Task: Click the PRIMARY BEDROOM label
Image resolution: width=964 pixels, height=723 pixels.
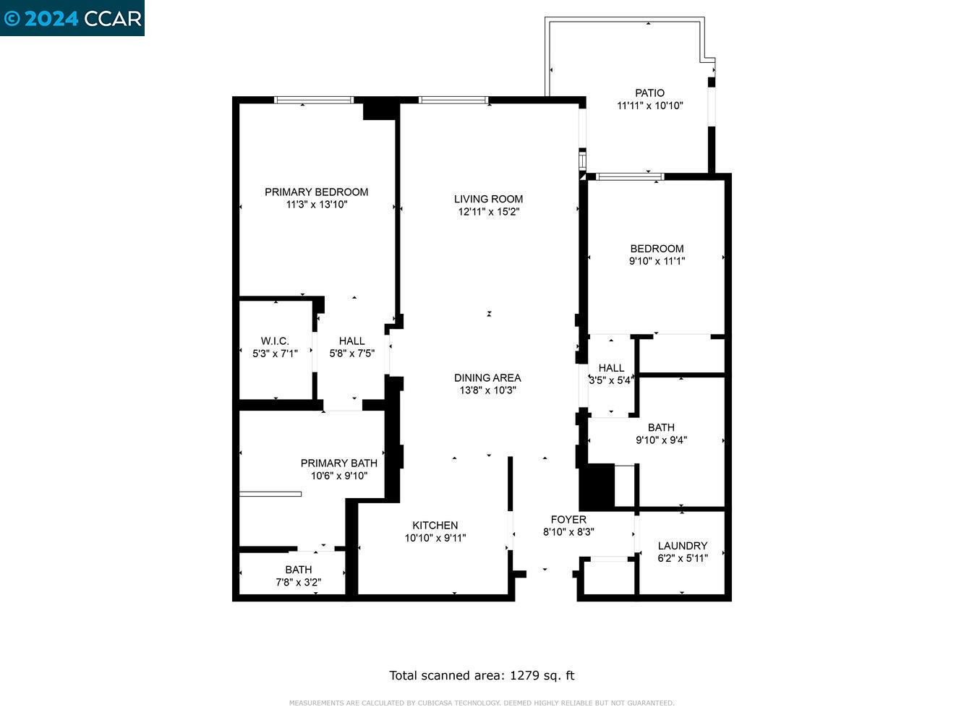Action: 316,192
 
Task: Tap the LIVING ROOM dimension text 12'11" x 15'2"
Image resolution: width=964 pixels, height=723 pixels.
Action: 488,212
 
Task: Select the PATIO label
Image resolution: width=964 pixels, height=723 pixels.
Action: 649,93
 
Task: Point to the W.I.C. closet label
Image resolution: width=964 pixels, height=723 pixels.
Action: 275,341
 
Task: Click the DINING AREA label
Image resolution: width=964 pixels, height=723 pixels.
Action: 487,377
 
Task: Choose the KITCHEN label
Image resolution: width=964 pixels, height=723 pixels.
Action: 435,525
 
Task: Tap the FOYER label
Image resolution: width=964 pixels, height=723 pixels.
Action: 568,519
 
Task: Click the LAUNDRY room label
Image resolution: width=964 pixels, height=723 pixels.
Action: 682,545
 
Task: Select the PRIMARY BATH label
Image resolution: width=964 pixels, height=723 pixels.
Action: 338,463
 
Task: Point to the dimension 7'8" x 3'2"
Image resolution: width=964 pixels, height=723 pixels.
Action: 298,582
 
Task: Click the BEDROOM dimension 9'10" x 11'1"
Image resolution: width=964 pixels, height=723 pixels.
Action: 657,261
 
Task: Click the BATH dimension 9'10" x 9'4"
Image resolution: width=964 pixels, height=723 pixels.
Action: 661,440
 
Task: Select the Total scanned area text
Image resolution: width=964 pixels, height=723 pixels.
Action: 482,675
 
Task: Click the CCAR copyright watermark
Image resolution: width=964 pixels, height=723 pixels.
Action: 72,18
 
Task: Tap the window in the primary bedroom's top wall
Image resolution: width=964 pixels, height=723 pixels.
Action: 314,100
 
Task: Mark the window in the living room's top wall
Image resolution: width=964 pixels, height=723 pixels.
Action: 453,100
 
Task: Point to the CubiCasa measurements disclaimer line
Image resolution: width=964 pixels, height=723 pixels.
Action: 482,703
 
